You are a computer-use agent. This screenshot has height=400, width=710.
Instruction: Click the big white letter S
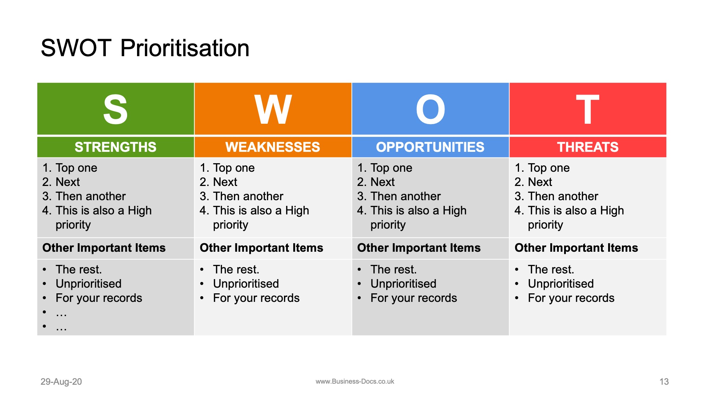click(115, 110)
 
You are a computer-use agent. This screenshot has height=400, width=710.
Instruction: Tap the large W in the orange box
click(273, 110)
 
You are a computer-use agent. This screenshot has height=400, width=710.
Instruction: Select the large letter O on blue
click(430, 110)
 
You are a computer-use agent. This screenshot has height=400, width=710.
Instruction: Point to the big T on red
click(588, 110)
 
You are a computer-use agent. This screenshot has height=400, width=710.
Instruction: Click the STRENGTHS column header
click(115, 147)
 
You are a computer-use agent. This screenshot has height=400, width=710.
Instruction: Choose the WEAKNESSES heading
click(273, 147)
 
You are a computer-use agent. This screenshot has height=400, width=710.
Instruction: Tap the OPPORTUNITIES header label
click(430, 147)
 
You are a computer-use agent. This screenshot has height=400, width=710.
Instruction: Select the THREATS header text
click(588, 147)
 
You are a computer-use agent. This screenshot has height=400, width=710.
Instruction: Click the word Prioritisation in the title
click(185, 48)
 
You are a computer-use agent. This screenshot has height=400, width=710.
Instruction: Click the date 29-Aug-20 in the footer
click(61, 382)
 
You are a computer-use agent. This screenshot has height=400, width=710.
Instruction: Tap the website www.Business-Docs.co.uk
click(355, 382)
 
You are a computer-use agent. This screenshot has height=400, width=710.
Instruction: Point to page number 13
click(664, 382)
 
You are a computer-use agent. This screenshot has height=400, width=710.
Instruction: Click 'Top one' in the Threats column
click(548, 168)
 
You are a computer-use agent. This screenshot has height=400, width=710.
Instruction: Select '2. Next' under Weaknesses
click(218, 182)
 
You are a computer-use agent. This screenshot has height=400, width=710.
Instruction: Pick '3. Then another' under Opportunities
click(399, 196)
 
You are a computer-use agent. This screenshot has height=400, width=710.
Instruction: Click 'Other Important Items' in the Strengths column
click(104, 248)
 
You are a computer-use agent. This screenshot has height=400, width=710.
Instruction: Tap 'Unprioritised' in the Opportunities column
click(403, 284)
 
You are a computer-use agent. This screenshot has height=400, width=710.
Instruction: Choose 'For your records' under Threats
click(571, 298)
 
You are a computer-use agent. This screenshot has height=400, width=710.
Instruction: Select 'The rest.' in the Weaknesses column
click(236, 270)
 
